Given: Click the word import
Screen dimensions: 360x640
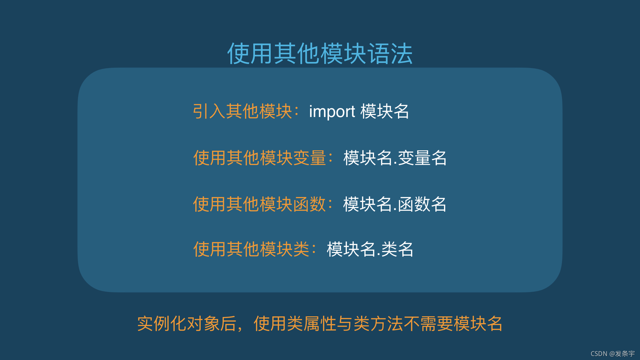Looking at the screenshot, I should point(332,112).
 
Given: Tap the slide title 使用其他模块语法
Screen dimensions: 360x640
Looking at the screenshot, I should point(320,53).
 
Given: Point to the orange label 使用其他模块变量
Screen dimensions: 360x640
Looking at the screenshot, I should point(260,158).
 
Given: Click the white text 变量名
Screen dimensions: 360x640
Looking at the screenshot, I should point(422,158).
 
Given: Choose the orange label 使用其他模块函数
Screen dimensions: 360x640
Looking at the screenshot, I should point(259,204).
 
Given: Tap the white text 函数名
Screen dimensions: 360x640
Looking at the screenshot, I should point(422,204).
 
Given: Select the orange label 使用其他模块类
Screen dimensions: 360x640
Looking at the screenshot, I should point(251,249).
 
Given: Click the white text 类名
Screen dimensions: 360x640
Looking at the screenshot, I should point(397,249).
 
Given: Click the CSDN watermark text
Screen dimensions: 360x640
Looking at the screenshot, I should point(599,354).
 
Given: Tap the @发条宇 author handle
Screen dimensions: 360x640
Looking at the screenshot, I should point(622,354).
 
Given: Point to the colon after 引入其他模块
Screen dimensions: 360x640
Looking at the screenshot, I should point(297,112).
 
